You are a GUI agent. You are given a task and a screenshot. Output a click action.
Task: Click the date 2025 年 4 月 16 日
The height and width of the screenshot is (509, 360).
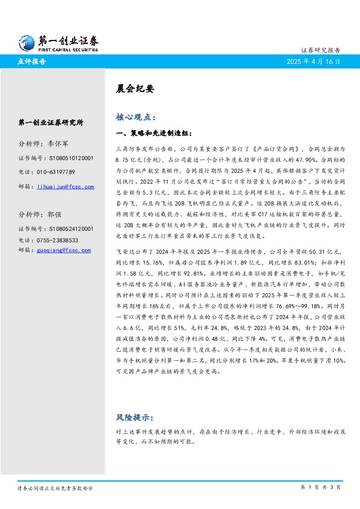(x=313, y=62)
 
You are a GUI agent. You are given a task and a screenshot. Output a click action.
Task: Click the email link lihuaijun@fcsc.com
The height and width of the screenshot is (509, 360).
(x=65, y=187)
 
